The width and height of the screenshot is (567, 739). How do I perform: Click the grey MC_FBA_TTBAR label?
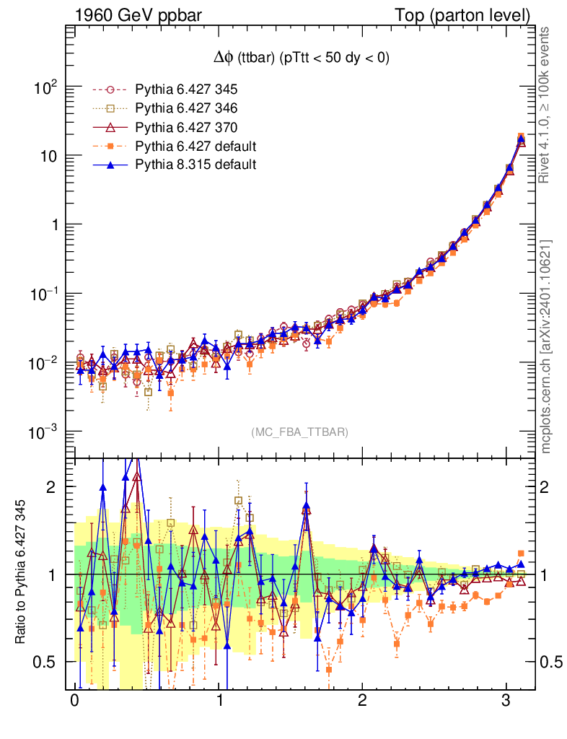tap(299, 432)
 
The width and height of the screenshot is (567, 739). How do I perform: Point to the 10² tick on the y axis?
tap(44, 87)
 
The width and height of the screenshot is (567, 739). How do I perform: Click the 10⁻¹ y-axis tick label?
tap(43, 294)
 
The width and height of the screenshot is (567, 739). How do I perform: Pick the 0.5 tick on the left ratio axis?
tap(45, 662)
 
